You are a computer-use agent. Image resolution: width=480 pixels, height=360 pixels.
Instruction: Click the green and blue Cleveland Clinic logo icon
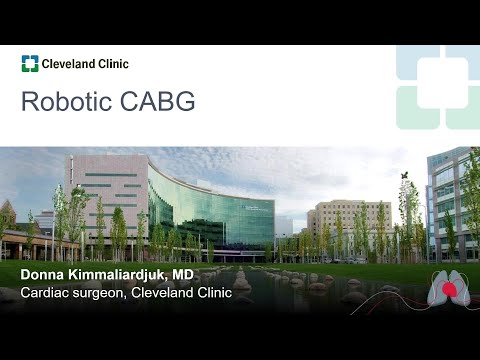point(30,64)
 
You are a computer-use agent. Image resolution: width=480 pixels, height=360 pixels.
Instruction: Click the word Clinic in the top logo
point(113,64)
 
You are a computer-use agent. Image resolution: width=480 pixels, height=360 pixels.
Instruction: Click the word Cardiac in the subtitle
point(45,293)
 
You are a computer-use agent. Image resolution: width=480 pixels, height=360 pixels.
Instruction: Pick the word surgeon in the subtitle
point(105,293)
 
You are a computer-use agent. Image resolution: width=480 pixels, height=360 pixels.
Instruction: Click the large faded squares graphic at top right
point(436,86)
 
